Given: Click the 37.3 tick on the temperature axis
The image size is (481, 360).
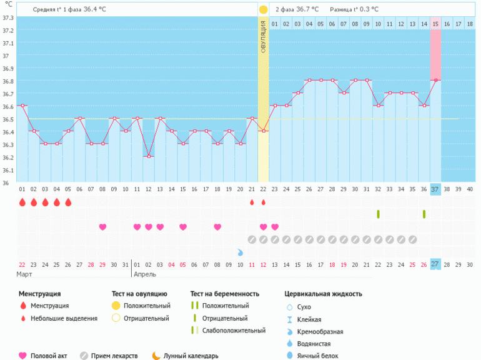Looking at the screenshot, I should [x=8, y=17].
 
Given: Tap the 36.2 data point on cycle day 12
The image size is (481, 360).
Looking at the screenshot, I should [x=148, y=157].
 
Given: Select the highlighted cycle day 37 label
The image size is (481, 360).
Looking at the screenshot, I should [x=435, y=189].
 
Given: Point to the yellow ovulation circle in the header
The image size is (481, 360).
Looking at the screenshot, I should [x=263, y=10].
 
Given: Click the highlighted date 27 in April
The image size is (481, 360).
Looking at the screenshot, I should [x=435, y=264].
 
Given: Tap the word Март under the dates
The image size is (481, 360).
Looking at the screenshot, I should [x=26, y=274].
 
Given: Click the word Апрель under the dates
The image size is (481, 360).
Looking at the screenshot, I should [x=145, y=274].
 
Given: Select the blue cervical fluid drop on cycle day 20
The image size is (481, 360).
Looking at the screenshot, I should [x=241, y=252].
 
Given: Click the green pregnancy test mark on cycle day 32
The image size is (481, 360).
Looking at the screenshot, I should [x=378, y=214].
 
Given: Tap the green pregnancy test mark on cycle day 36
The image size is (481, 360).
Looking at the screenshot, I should [x=424, y=214].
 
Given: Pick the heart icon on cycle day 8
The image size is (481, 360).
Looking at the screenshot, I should [x=102, y=227].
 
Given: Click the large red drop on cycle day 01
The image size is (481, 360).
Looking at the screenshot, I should [x=22, y=202].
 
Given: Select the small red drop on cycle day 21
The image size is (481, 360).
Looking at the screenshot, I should [x=252, y=202].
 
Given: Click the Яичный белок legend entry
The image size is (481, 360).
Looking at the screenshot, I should [x=318, y=356].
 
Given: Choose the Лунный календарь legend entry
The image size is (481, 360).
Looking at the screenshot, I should [x=191, y=356].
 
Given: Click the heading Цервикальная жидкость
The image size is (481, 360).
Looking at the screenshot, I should [x=323, y=294].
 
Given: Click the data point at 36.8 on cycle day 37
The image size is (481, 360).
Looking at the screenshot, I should [x=435, y=80].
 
